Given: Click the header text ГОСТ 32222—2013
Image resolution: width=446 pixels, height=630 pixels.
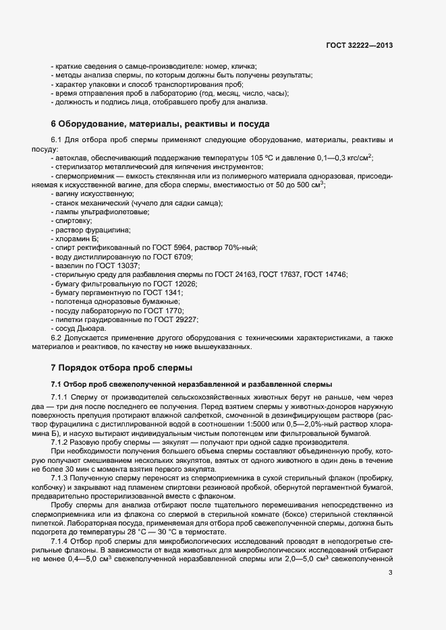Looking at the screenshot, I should point(358,45).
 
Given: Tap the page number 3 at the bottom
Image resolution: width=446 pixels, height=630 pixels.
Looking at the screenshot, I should point(390,573).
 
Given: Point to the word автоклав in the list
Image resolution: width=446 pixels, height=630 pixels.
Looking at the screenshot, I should point(70,157).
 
